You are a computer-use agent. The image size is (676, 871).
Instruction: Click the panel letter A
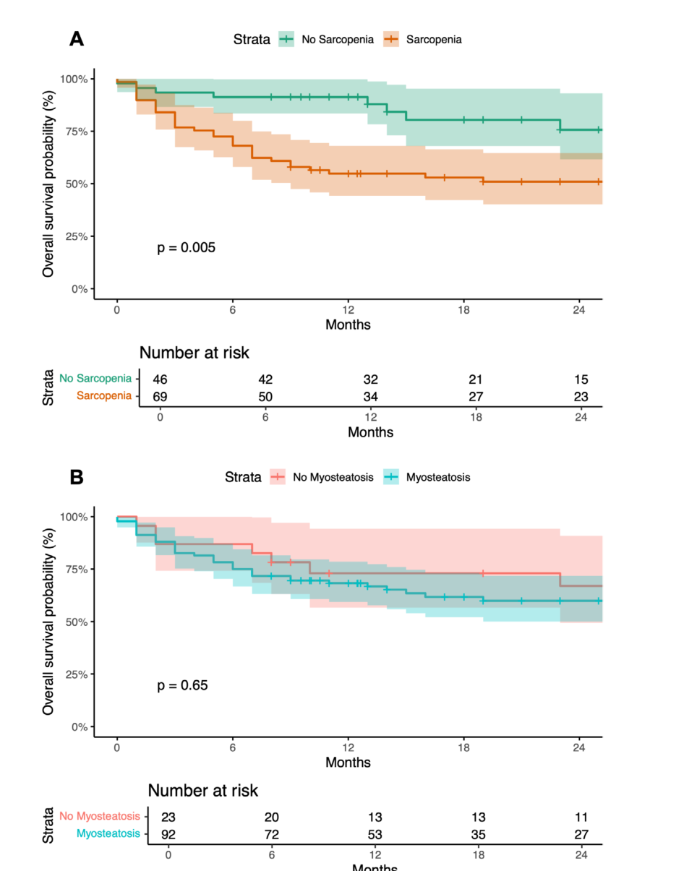click(x=77, y=39)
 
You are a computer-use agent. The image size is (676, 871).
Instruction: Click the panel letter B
click(x=77, y=477)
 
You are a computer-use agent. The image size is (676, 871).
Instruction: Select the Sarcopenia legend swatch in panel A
click(x=390, y=39)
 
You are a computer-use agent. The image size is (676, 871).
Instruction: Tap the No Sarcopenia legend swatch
click(x=286, y=39)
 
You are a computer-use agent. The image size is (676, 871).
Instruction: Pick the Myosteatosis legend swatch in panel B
click(x=391, y=477)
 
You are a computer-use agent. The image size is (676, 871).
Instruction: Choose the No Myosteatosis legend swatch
click(x=278, y=477)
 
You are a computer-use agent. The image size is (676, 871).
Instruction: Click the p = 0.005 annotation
click(x=186, y=248)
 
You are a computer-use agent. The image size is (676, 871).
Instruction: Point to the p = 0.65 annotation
click(x=182, y=685)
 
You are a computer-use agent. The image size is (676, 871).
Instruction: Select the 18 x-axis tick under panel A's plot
click(x=463, y=310)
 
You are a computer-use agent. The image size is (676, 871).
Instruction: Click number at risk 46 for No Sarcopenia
click(x=160, y=379)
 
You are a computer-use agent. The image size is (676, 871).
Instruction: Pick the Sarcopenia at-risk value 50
click(x=265, y=397)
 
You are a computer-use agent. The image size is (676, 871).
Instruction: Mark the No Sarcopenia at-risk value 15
click(x=581, y=379)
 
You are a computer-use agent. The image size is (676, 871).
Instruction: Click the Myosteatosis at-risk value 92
click(x=168, y=835)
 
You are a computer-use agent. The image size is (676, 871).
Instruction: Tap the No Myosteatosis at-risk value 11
click(x=581, y=817)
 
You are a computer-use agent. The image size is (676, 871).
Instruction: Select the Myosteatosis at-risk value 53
click(x=375, y=835)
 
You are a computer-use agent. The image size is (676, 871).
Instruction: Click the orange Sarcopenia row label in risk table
click(x=104, y=395)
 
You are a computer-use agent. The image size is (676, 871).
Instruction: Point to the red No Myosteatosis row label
click(x=100, y=816)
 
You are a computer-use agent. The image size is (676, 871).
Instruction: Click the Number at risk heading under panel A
click(x=194, y=353)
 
